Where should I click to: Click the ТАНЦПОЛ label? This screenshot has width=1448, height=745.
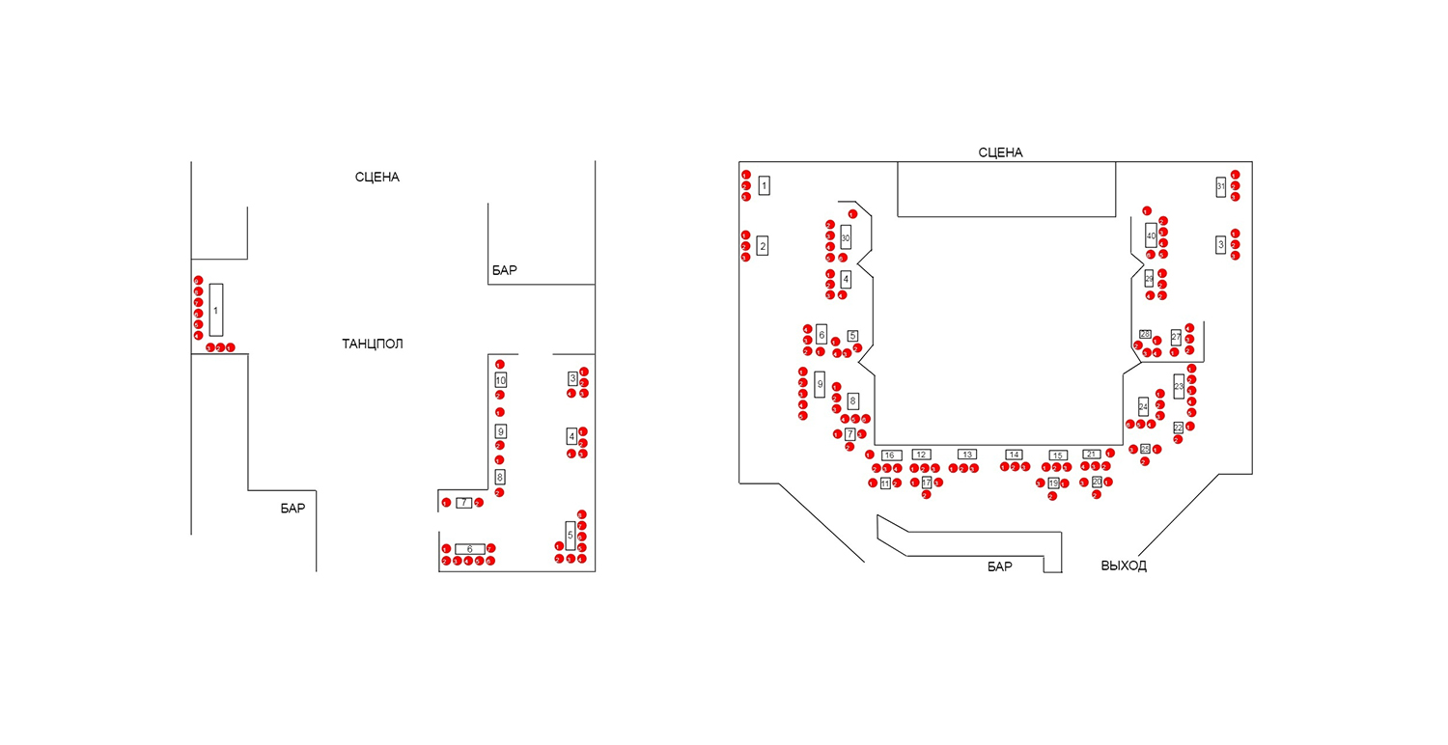point(372,344)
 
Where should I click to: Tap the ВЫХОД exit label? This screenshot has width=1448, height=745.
point(1124,566)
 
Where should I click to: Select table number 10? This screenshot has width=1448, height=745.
point(500,380)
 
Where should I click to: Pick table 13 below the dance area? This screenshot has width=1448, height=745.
point(967,455)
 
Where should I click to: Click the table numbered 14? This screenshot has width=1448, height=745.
point(1014,455)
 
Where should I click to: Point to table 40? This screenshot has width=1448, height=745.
point(1151,235)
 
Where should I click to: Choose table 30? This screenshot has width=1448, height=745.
point(846,236)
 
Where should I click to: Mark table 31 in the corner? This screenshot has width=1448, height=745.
point(1221,186)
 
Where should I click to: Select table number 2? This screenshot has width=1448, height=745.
point(763,246)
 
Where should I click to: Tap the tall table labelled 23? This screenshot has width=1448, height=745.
point(1179,386)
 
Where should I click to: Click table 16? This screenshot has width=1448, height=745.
point(892,455)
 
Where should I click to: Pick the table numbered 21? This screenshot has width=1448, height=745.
point(1092,454)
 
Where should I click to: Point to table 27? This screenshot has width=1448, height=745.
point(1176,337)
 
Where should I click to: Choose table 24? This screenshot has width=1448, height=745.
point(1143,406)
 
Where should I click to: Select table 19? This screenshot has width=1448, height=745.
point(1053,483)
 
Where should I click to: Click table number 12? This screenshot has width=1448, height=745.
point(922,455)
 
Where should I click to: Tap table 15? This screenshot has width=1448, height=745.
point(1059,455)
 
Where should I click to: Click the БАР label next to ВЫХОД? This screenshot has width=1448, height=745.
point(1000,566)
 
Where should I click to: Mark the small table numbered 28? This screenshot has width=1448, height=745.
point(1145,334)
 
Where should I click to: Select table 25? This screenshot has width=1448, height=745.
point(1145,449)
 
